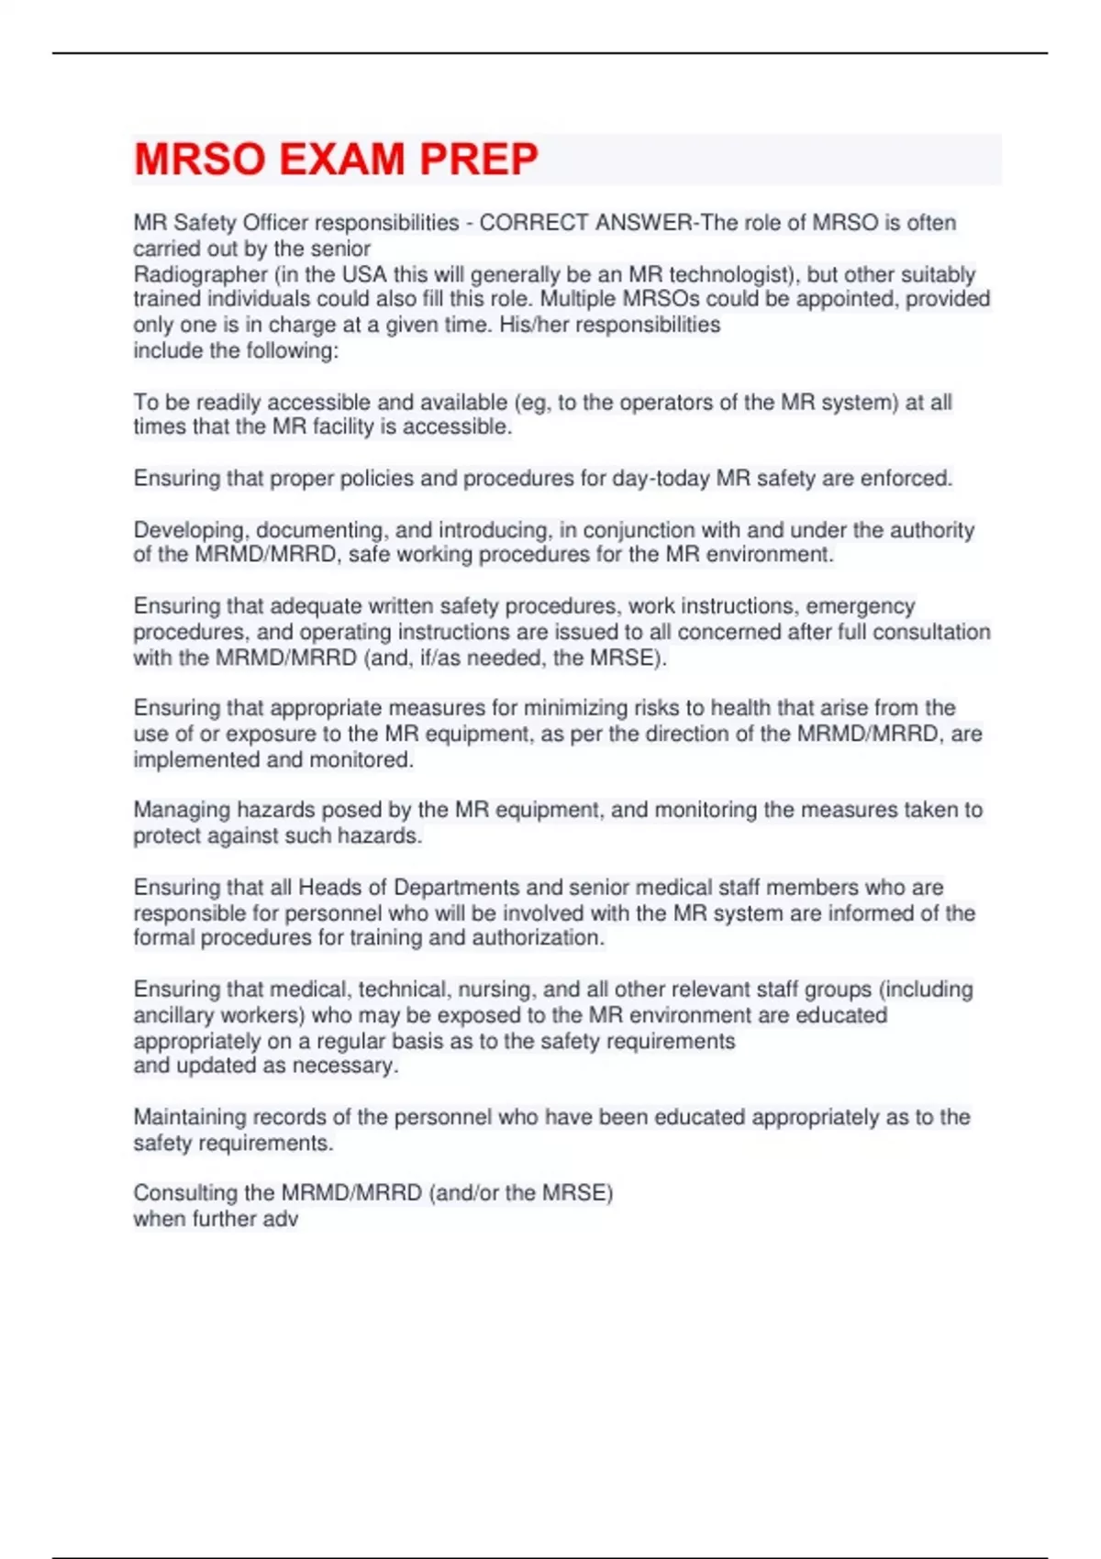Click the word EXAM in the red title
pyautogui.click(x=341, y=160)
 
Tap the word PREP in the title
pyautogui.click(x=478, y=160)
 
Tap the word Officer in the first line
pyautogui.click(x=275, y=223)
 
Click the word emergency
pyautogui.click(x=861, y=606)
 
